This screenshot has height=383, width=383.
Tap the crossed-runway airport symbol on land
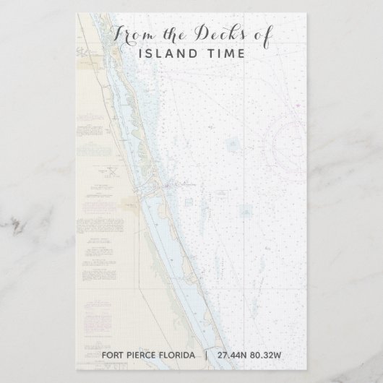click(113, 171)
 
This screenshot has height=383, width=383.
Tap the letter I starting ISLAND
click(139, 53)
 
